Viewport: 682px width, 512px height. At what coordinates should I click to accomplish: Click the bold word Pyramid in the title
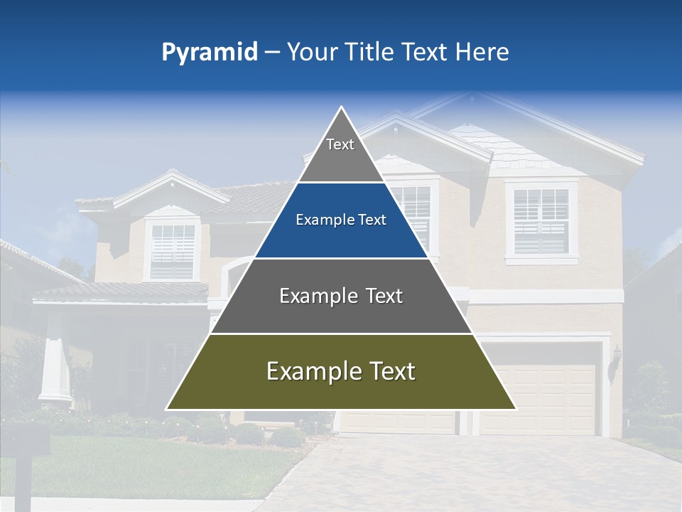[209, 53]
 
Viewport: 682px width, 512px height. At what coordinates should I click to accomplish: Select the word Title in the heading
[369, 52]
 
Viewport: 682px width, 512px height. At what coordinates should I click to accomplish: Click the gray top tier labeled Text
[340, 153]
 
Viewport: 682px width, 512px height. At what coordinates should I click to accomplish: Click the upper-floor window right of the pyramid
[541, 221]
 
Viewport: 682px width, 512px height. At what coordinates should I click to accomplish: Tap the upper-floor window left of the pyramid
[172, 250]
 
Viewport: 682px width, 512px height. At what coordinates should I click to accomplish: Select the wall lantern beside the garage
[616, 356]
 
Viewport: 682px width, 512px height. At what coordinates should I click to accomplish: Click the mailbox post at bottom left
[23, 476]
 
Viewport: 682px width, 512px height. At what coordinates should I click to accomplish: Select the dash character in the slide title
[271, 53]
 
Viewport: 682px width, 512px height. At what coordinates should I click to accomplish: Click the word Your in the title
[311, 52]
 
